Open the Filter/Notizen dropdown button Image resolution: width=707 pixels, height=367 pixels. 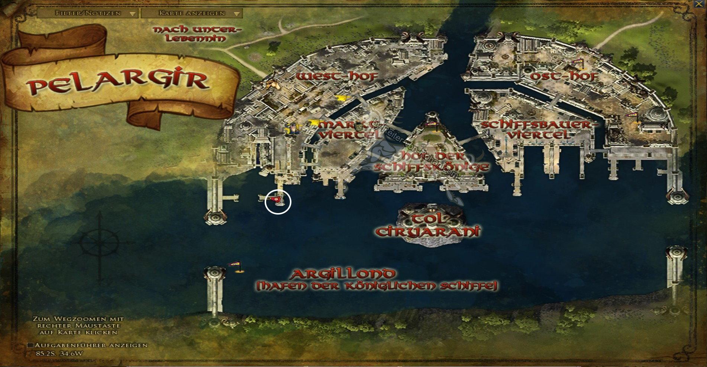[x=88, y=13]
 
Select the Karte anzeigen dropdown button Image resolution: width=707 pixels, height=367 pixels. [x=192, y=13]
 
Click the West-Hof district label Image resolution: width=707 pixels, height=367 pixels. [x=337, y=77]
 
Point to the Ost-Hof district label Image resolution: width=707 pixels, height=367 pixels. [x=564, y=77]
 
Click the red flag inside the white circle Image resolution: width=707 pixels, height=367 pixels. [x=277, y=200]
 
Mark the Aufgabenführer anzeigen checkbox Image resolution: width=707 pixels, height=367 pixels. [x=30, y=345]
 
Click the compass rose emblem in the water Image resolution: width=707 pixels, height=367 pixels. [x=100, y=244]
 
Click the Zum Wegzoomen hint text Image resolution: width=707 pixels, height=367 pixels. [x=78, y=325]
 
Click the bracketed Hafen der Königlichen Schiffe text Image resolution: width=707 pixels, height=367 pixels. [x=377, y=286]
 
